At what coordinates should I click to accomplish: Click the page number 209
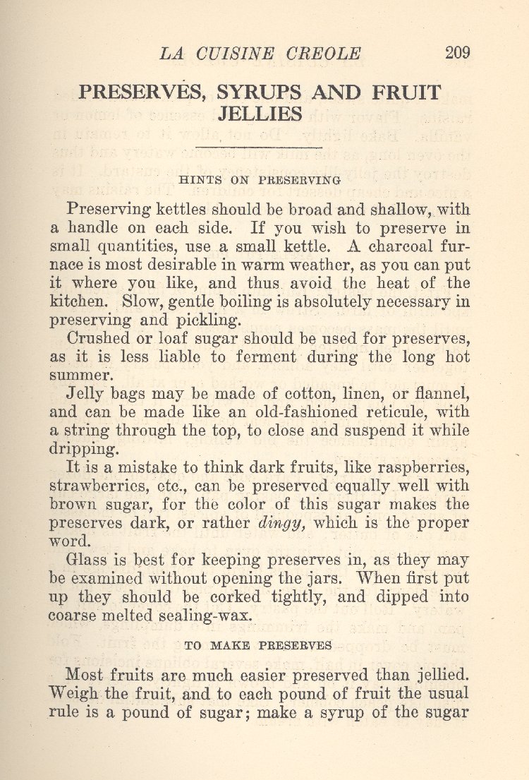click(x=458, y=53)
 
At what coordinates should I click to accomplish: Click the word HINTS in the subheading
click(x=202, y=180)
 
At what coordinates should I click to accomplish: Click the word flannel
click(x=443, y=394)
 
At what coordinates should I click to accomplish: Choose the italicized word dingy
click(x=281, y=523)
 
